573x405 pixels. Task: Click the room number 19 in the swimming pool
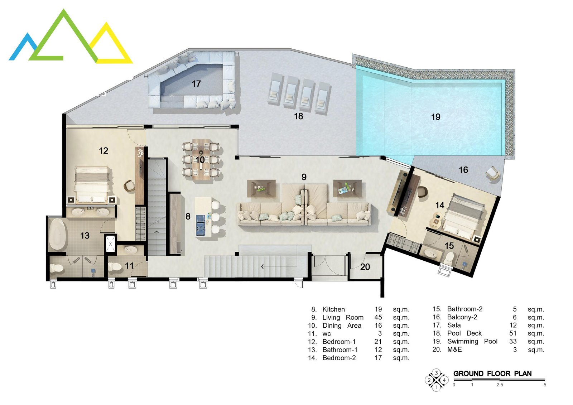[x=435, y=117]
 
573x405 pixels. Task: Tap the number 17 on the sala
[x=196, y=84]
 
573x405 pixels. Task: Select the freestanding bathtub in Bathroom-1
[x=57, y=234]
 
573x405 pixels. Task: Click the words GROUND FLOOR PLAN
[x=492, y=374]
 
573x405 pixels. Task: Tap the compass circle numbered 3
[x=437, y=372]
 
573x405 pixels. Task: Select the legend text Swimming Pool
[x=472, y=341]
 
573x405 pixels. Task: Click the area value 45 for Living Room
[x=378, y=317]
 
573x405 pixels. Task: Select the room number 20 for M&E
[x=365, y=267]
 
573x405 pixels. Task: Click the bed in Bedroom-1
[x=92, y=184]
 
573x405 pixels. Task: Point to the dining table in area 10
[x=201, y=159]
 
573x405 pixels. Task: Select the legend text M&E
[x=454, y=349]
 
